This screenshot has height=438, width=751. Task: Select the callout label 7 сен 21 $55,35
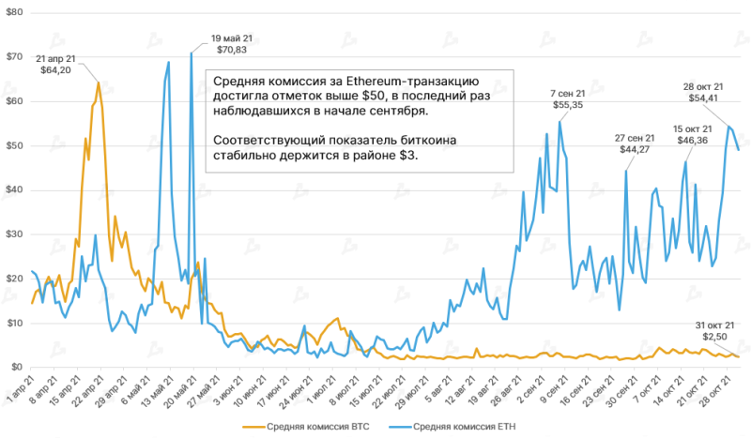point(568,99)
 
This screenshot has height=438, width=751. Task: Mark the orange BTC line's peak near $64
point(98,83)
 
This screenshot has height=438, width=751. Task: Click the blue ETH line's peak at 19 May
point(191,53)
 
